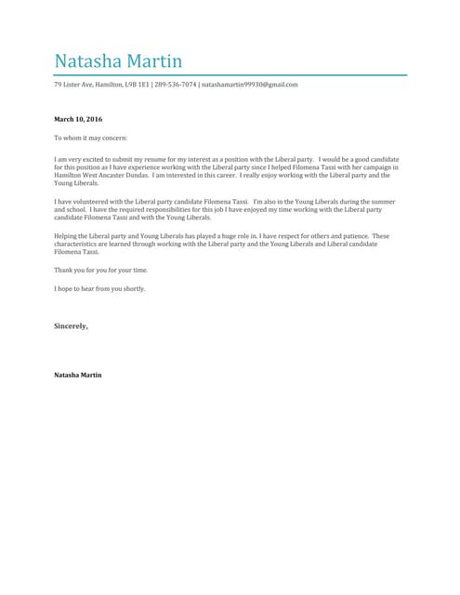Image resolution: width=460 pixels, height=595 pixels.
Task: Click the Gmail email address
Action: [249, 85]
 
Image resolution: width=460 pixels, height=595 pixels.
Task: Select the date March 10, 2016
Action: [79, 120]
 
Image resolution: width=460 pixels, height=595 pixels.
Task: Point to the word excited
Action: [93, 159]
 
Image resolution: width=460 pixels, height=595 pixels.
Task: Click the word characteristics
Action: [74, 244]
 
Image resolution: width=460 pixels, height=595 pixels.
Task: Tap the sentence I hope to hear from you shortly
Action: [99, 288]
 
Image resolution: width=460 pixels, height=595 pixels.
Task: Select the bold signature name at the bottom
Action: [78, 374]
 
